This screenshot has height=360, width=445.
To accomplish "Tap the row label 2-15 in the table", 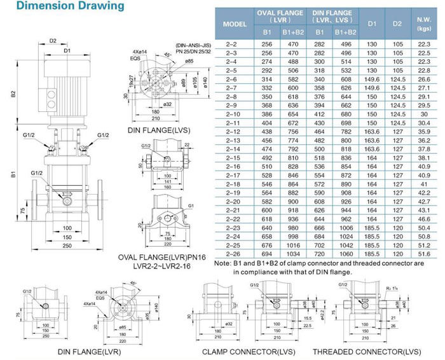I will pos(231,157).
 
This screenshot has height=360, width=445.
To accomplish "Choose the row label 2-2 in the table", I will pos(231,44).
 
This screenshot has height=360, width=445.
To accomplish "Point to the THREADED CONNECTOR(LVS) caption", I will pos(366,351).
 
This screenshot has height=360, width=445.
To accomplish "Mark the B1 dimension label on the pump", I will pos(12,173).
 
